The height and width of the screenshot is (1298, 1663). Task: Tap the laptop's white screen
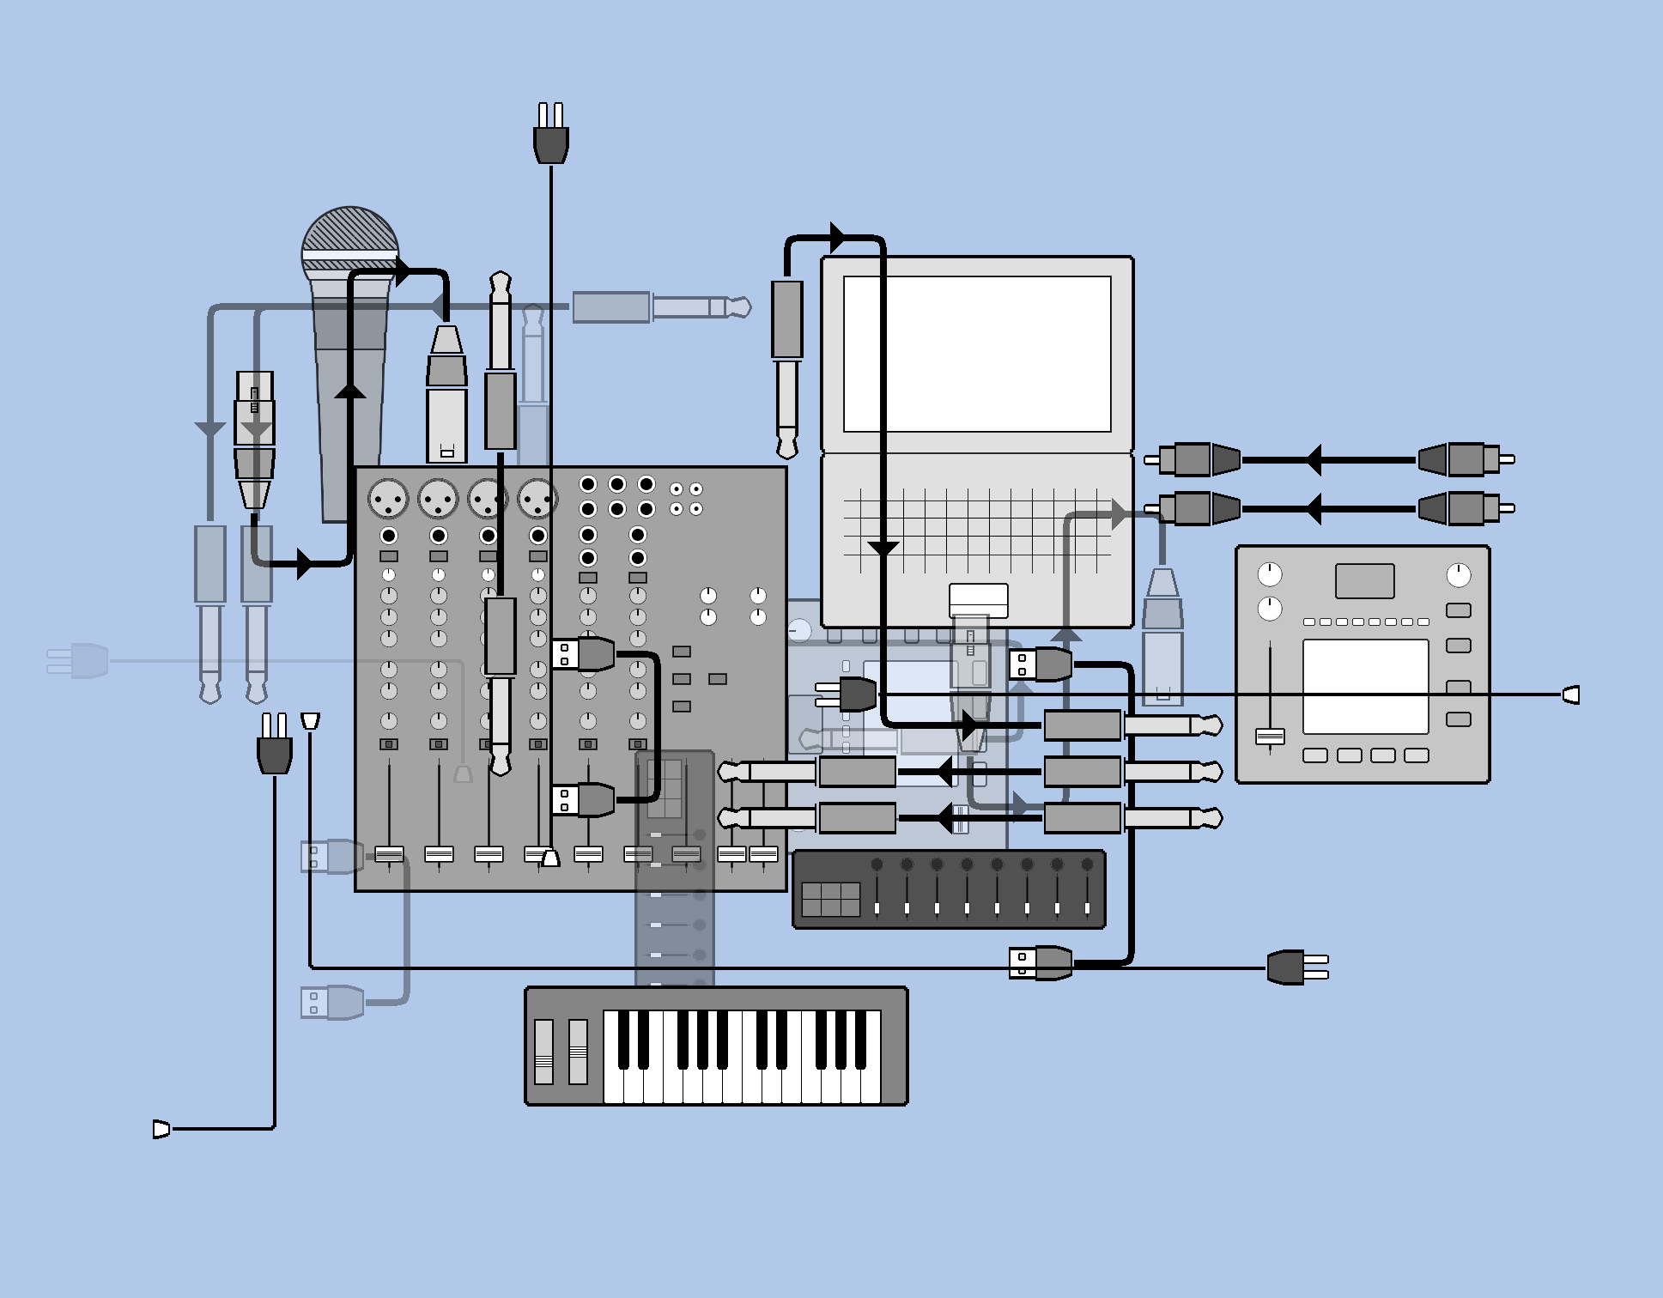tap(977, 354)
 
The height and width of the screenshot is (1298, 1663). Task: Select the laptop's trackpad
tap(978, 598)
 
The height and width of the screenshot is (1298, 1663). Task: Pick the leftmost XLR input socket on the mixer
tap(388, 498)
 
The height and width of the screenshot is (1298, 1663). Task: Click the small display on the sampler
tap(1364, 581)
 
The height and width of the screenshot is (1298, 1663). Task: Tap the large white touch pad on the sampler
tap(1365, 687)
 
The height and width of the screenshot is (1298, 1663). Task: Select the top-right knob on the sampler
tap(1458, 575)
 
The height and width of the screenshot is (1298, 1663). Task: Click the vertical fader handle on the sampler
tap(1270, 737)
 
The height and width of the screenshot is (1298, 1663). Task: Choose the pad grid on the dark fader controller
tap(830, 899)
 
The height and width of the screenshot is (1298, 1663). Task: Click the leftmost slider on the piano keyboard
tap(544, 1054)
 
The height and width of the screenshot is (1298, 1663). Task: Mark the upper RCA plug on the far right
tap(1466, 460)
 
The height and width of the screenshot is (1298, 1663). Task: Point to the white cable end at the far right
tap(1571, 694)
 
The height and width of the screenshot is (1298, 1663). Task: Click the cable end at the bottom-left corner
tap(161, 1129)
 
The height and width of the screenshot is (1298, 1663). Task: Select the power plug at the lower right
tap(1296, 967)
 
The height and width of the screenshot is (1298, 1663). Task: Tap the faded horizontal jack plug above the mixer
tap(661, 307)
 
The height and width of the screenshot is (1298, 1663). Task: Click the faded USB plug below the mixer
tap(333, 1002)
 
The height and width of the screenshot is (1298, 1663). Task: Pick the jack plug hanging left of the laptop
tap(787, 369)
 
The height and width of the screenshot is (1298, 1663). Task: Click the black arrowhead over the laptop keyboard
tap(883, 549)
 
